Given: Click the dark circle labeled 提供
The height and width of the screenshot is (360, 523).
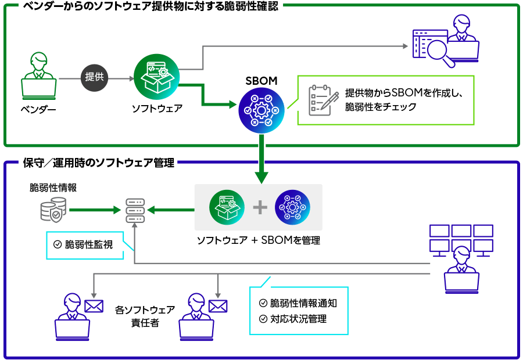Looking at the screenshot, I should (x=94, y=77).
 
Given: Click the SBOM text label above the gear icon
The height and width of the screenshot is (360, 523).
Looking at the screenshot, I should (x=261, y=81).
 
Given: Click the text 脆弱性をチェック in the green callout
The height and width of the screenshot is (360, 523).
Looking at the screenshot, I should (x=381, y=107).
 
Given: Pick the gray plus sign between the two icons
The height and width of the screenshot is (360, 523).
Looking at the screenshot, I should (x=260, y=207).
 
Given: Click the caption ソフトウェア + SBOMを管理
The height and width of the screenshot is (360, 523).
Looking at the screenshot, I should (x=258, y=240).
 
